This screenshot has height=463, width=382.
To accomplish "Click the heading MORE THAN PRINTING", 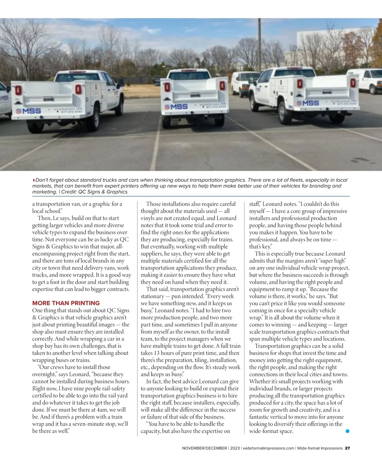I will pyautogui.click(x=66, y=303).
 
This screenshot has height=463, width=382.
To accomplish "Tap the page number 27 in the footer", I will pyautogui.click(x=347, y=448).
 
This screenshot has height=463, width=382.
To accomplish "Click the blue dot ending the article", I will pyautogui.click(x=347, y=431).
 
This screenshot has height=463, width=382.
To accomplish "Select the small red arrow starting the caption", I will pyautogui.click(x=34, y=180).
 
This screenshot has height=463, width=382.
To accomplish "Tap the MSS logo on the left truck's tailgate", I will pyautogui.click(x=29, y=111).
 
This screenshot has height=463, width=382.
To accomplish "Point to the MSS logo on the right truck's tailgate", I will pyautogui.click(x=308, y=103).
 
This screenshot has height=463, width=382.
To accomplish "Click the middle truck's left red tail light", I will pyautogui.click(x=167, y=87).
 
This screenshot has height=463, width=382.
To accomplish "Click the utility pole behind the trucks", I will pyautogui.click(x=259, y=44).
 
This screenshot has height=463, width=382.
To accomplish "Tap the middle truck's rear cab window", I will pyautogui.click(x=189, y=76).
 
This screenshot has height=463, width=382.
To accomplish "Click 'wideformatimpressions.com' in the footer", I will pyautogui.click(x=268, y=448).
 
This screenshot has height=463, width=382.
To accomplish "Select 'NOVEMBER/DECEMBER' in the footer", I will pyautogui.click(x=204, y=448).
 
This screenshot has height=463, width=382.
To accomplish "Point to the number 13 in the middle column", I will pyautogui.click(x=157, y=353).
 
